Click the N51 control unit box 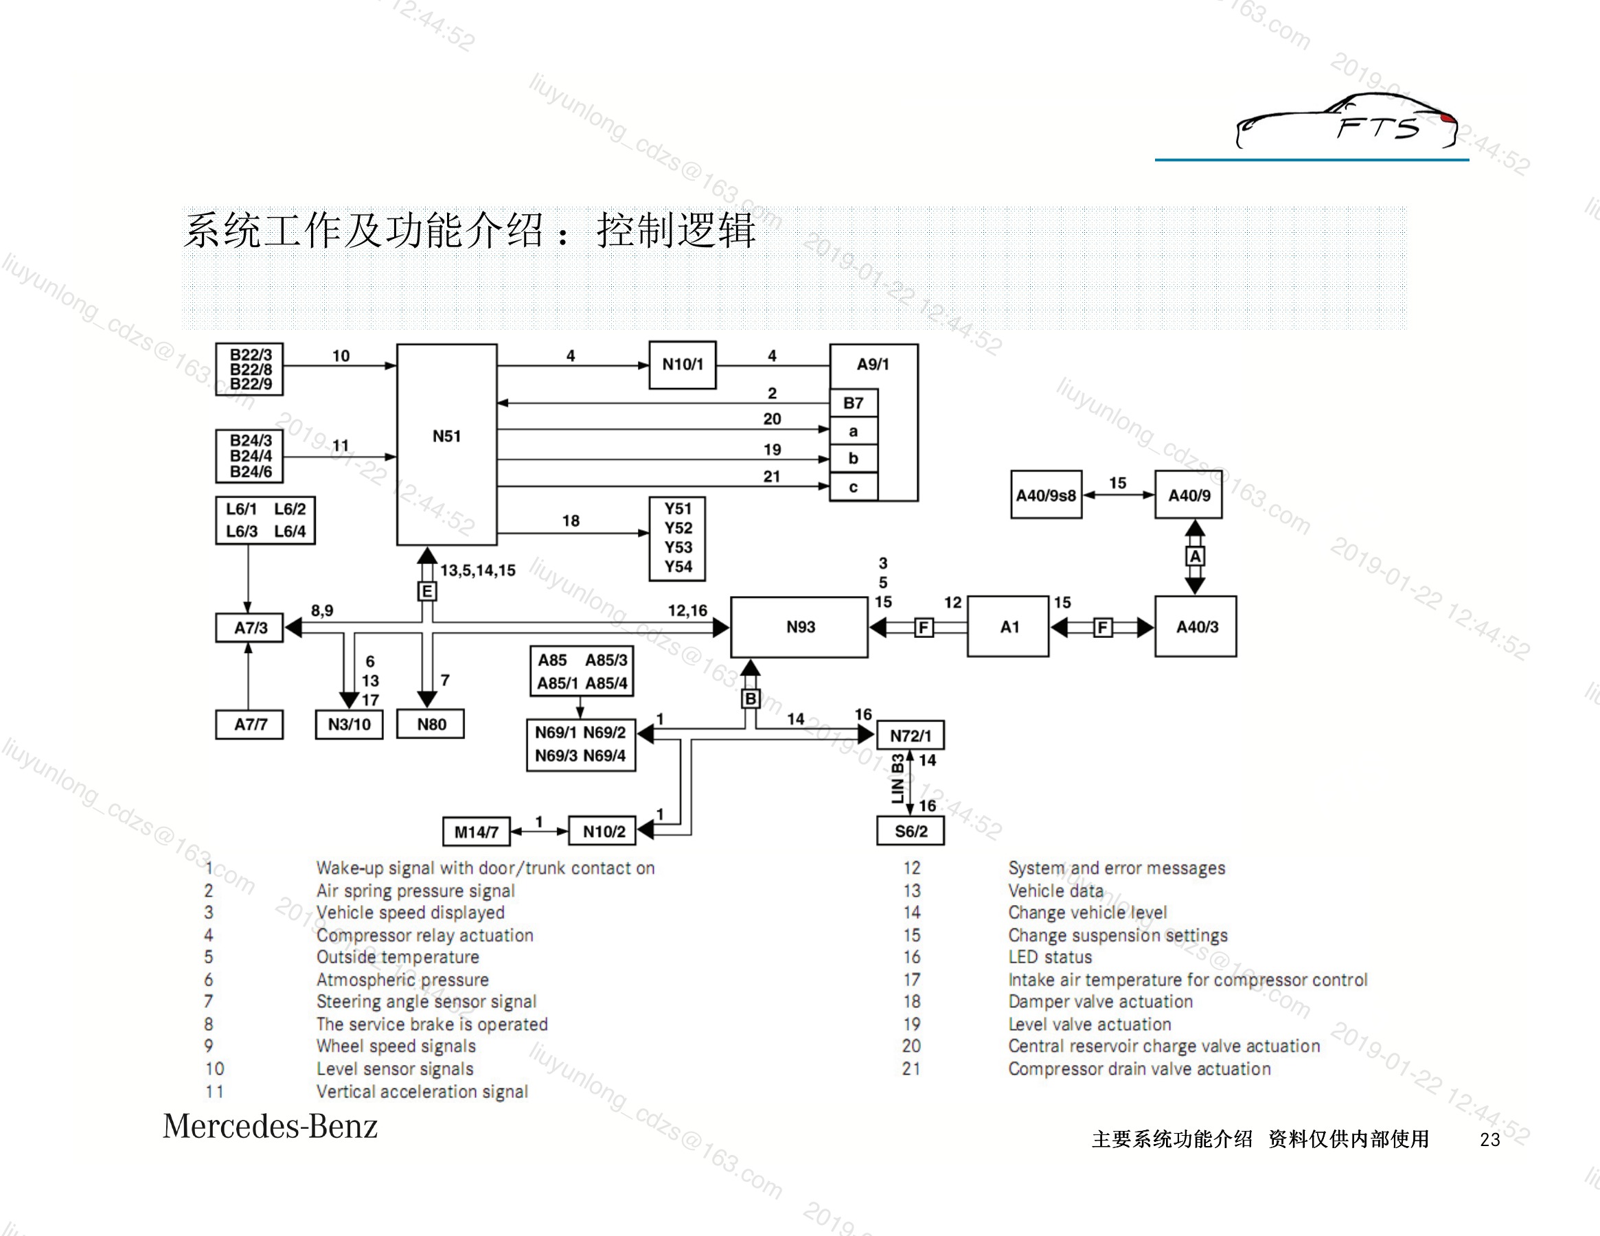click(447, 445)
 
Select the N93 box click(799, 627)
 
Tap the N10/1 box click(683, 365)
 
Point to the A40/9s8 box click(1046, 494)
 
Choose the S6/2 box click(911, 831)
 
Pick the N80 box click(431, 724)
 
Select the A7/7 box click(250, 724)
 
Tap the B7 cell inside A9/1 click(854, 403)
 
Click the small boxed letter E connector click(427, 591)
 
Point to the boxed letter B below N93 click(750, 699)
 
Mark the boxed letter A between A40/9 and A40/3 click(1195, 557)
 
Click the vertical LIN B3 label click(898, 779)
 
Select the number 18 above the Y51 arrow click(571, 521)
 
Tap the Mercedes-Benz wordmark click(271, 1126)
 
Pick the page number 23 click(1490, 1139)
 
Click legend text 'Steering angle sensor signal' click(426, 1002)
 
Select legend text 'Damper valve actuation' click(1100, 1002)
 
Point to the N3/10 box click(350, 724)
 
